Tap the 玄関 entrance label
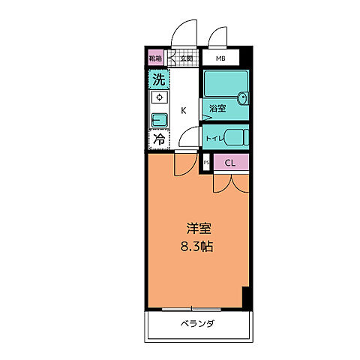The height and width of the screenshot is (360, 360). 184,58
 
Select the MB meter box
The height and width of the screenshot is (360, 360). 220,58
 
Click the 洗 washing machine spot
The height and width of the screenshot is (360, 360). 158,79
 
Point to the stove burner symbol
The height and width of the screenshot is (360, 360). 158,97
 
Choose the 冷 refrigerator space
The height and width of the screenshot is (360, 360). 158,139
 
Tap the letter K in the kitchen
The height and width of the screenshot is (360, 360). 182,111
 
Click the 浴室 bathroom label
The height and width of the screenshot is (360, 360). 217,108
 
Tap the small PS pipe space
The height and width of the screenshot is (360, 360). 205,162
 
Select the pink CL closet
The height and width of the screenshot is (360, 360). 230,163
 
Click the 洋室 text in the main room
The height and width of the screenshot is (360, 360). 195,228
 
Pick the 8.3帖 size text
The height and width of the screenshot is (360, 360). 195,245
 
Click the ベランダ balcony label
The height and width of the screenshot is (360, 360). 198,324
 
